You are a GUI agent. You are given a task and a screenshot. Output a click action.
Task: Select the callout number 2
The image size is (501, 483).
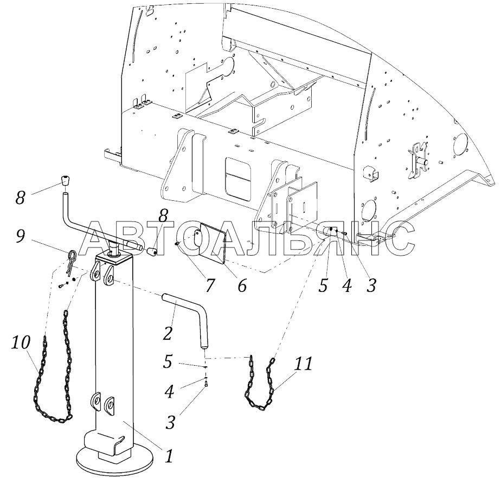(x=168, y=333)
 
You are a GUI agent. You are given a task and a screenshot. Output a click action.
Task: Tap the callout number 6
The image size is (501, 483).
(x=241, y=285)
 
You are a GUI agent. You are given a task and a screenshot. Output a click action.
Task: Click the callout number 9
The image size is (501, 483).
(x=20, y=237)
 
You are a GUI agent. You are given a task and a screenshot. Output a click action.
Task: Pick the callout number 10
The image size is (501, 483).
(x=21, y=344)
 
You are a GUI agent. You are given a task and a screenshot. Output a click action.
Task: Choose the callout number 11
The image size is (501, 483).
(x=304, y=364)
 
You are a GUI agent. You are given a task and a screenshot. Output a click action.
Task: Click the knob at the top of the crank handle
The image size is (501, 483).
(x=65, y=182)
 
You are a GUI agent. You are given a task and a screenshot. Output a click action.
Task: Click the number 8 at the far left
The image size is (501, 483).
(x=21, y=198)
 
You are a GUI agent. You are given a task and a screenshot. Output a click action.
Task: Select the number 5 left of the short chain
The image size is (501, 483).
(x=168, y=361)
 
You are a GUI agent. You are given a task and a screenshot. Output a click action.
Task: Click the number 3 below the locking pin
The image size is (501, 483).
(x=170, y=422)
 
